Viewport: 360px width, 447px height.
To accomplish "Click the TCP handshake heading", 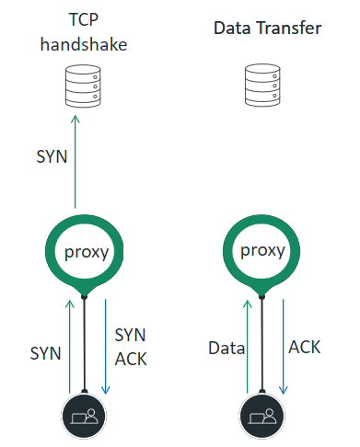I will pyautogui.click(x=85, y=34).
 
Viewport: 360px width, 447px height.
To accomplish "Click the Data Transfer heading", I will pyautogui.click(x=267, y=29).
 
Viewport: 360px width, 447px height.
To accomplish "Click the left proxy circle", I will pyautogui.click(x=85, y=251).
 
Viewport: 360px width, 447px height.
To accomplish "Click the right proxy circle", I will pyautogui.click(x=263, y=251).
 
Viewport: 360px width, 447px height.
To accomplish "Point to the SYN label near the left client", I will pyautogui.click(x=46, y=352).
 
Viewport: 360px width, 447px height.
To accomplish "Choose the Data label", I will pyautogui.click(x=226, y=349).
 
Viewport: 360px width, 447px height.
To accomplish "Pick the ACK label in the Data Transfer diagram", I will pyautogui.click(x=305, y=347).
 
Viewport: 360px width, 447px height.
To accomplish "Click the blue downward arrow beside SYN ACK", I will pyautogui.click(x=106, y=345).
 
